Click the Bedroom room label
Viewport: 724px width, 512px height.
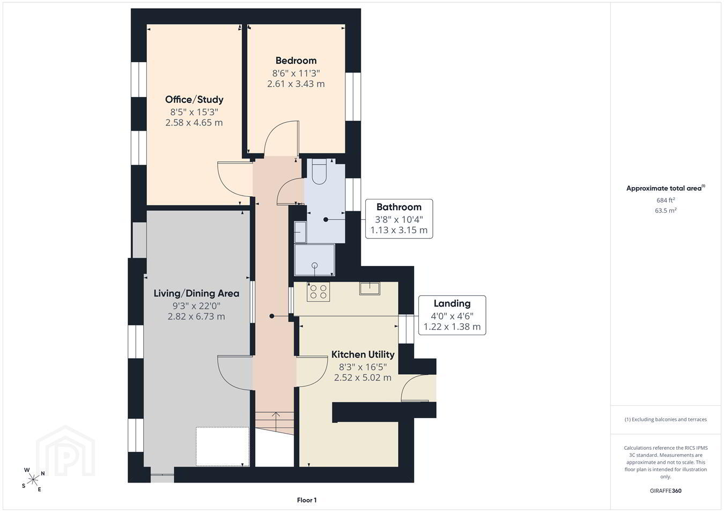[x=295, y=61]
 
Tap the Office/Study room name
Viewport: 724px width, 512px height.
[x=194, y=99]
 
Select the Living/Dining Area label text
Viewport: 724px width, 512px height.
[x=196, y=293]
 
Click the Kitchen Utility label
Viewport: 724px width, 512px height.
[x=363, y=354]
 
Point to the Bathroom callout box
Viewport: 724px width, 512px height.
[x=399, y=219]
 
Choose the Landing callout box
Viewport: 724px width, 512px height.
[x=452, y=315]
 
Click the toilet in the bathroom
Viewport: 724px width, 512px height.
[x=319, y=171]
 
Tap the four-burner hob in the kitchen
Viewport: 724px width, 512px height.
[x=319, y=291]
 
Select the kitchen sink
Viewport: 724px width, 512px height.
[x=370, y=288]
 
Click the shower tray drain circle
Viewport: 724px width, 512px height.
[x=314, y=265]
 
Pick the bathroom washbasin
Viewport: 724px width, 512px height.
[x=300, y=232]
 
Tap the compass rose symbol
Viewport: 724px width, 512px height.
[x=33, y=480]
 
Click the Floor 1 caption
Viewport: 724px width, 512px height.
[x=307, y=500]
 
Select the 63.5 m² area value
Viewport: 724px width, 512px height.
[x=666, y=210]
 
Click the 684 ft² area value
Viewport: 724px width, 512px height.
[x=666, y=200]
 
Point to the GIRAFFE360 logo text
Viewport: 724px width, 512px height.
[x=666, y=491]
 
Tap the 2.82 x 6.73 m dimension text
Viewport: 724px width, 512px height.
[x=196, y=316]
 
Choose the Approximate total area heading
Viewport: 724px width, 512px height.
[x=666, y=188]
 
